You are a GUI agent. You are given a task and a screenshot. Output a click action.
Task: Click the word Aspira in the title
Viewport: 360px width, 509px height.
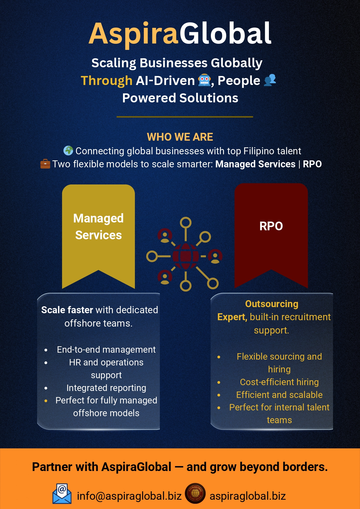coord(133,34)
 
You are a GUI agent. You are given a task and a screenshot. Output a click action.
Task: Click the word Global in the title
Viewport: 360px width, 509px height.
coord(225,33)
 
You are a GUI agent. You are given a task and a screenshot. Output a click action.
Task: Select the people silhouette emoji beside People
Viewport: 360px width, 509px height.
coord(270,80)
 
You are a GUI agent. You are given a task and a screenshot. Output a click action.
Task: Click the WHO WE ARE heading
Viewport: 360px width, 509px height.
coord(180,137)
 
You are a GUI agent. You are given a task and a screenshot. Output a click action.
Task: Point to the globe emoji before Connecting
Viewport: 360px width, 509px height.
coord(68,151)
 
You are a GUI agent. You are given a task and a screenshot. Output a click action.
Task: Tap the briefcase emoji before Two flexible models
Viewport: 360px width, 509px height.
coord(45,164)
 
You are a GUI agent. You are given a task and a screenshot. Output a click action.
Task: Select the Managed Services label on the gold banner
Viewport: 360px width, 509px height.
coord(99,227)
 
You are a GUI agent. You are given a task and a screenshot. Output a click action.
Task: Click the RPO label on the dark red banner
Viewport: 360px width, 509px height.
coord(271,226)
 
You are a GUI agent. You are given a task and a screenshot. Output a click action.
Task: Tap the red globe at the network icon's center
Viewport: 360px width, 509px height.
coord(186,256)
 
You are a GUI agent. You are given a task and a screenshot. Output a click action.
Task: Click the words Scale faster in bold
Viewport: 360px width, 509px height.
coord(67,310)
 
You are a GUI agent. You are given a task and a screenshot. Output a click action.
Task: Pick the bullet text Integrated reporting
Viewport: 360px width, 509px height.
coord(106,388)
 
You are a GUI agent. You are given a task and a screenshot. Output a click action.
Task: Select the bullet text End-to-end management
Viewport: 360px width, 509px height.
coord(106,349)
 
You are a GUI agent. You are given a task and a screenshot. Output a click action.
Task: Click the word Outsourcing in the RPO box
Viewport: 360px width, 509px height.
coord(272,304)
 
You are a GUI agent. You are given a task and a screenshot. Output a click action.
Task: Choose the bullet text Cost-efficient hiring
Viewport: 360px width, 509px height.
coord(279,382)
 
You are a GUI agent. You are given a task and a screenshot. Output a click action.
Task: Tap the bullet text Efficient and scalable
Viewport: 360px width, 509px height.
coord(279,395)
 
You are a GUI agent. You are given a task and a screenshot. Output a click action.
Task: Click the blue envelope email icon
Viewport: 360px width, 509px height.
coord(62,494)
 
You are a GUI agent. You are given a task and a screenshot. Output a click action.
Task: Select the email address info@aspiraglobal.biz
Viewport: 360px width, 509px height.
coord(129,496)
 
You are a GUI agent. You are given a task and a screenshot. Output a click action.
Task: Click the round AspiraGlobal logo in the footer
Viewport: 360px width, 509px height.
coord(195,493)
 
